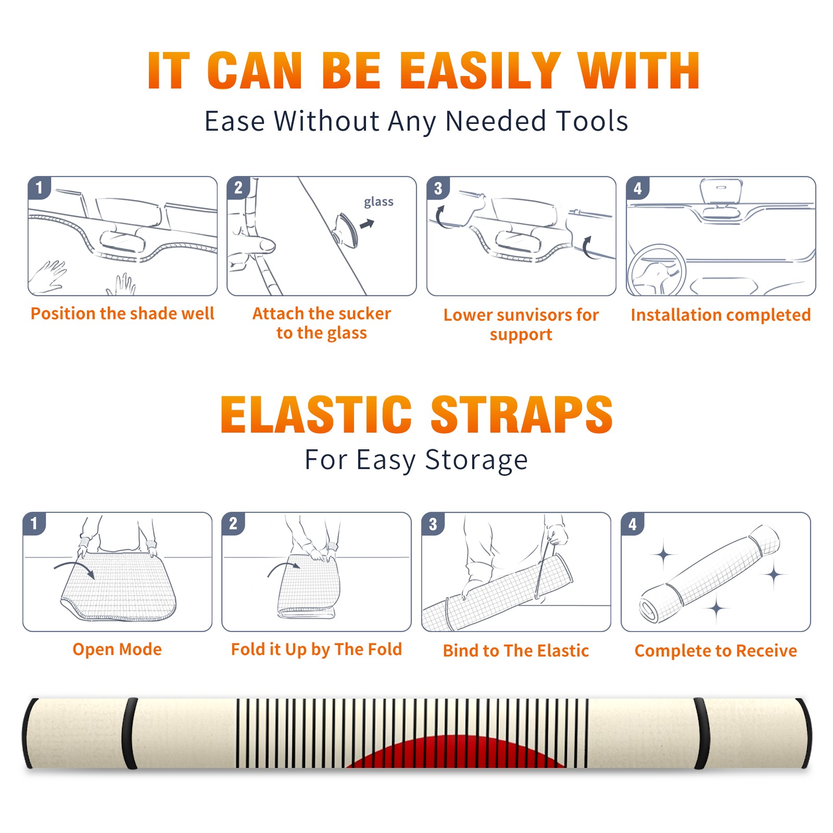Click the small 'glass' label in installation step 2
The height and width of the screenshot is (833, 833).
(x=378, y=202)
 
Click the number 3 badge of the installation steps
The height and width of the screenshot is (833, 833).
(x=438, y=188)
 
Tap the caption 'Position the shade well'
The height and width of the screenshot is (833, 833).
(x=122, y=313)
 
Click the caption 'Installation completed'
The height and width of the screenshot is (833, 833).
(x=721, y=315)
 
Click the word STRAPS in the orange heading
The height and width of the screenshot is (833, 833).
(x=522, y=414)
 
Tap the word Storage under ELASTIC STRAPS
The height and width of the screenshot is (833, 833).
(x=476, y=461)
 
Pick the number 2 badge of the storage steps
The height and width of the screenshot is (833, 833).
(x=233, y=523)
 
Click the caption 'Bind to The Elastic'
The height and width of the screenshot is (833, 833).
(x=516, y=651)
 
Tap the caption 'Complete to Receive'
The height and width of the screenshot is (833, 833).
(x=716, y=651)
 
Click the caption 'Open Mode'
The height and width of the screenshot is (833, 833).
(x=117, y=649)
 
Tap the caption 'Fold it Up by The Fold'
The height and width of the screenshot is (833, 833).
(x=317, y=649)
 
